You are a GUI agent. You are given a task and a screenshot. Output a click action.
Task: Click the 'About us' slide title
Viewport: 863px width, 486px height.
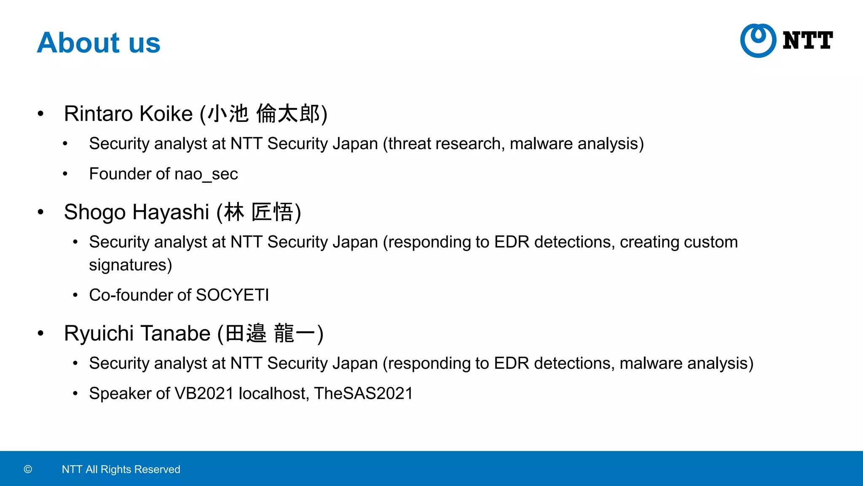99,43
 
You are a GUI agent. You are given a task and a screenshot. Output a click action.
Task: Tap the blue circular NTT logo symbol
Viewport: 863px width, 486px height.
758,40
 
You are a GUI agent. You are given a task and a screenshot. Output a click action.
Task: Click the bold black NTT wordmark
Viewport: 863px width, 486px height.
807,40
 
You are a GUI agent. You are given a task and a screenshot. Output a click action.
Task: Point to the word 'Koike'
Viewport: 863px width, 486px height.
166,114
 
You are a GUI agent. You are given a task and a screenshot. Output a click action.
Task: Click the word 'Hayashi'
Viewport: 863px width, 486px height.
171,212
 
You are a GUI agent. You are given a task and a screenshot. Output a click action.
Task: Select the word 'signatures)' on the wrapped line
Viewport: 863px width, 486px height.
131,265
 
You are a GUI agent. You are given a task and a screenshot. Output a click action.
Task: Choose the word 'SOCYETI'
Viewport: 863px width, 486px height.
232,295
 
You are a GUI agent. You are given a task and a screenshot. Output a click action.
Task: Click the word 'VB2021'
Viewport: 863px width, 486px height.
204,394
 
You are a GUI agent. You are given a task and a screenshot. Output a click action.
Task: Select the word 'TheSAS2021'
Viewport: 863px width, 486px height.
363,394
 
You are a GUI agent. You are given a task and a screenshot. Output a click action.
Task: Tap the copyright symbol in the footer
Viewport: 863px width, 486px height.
28,469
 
